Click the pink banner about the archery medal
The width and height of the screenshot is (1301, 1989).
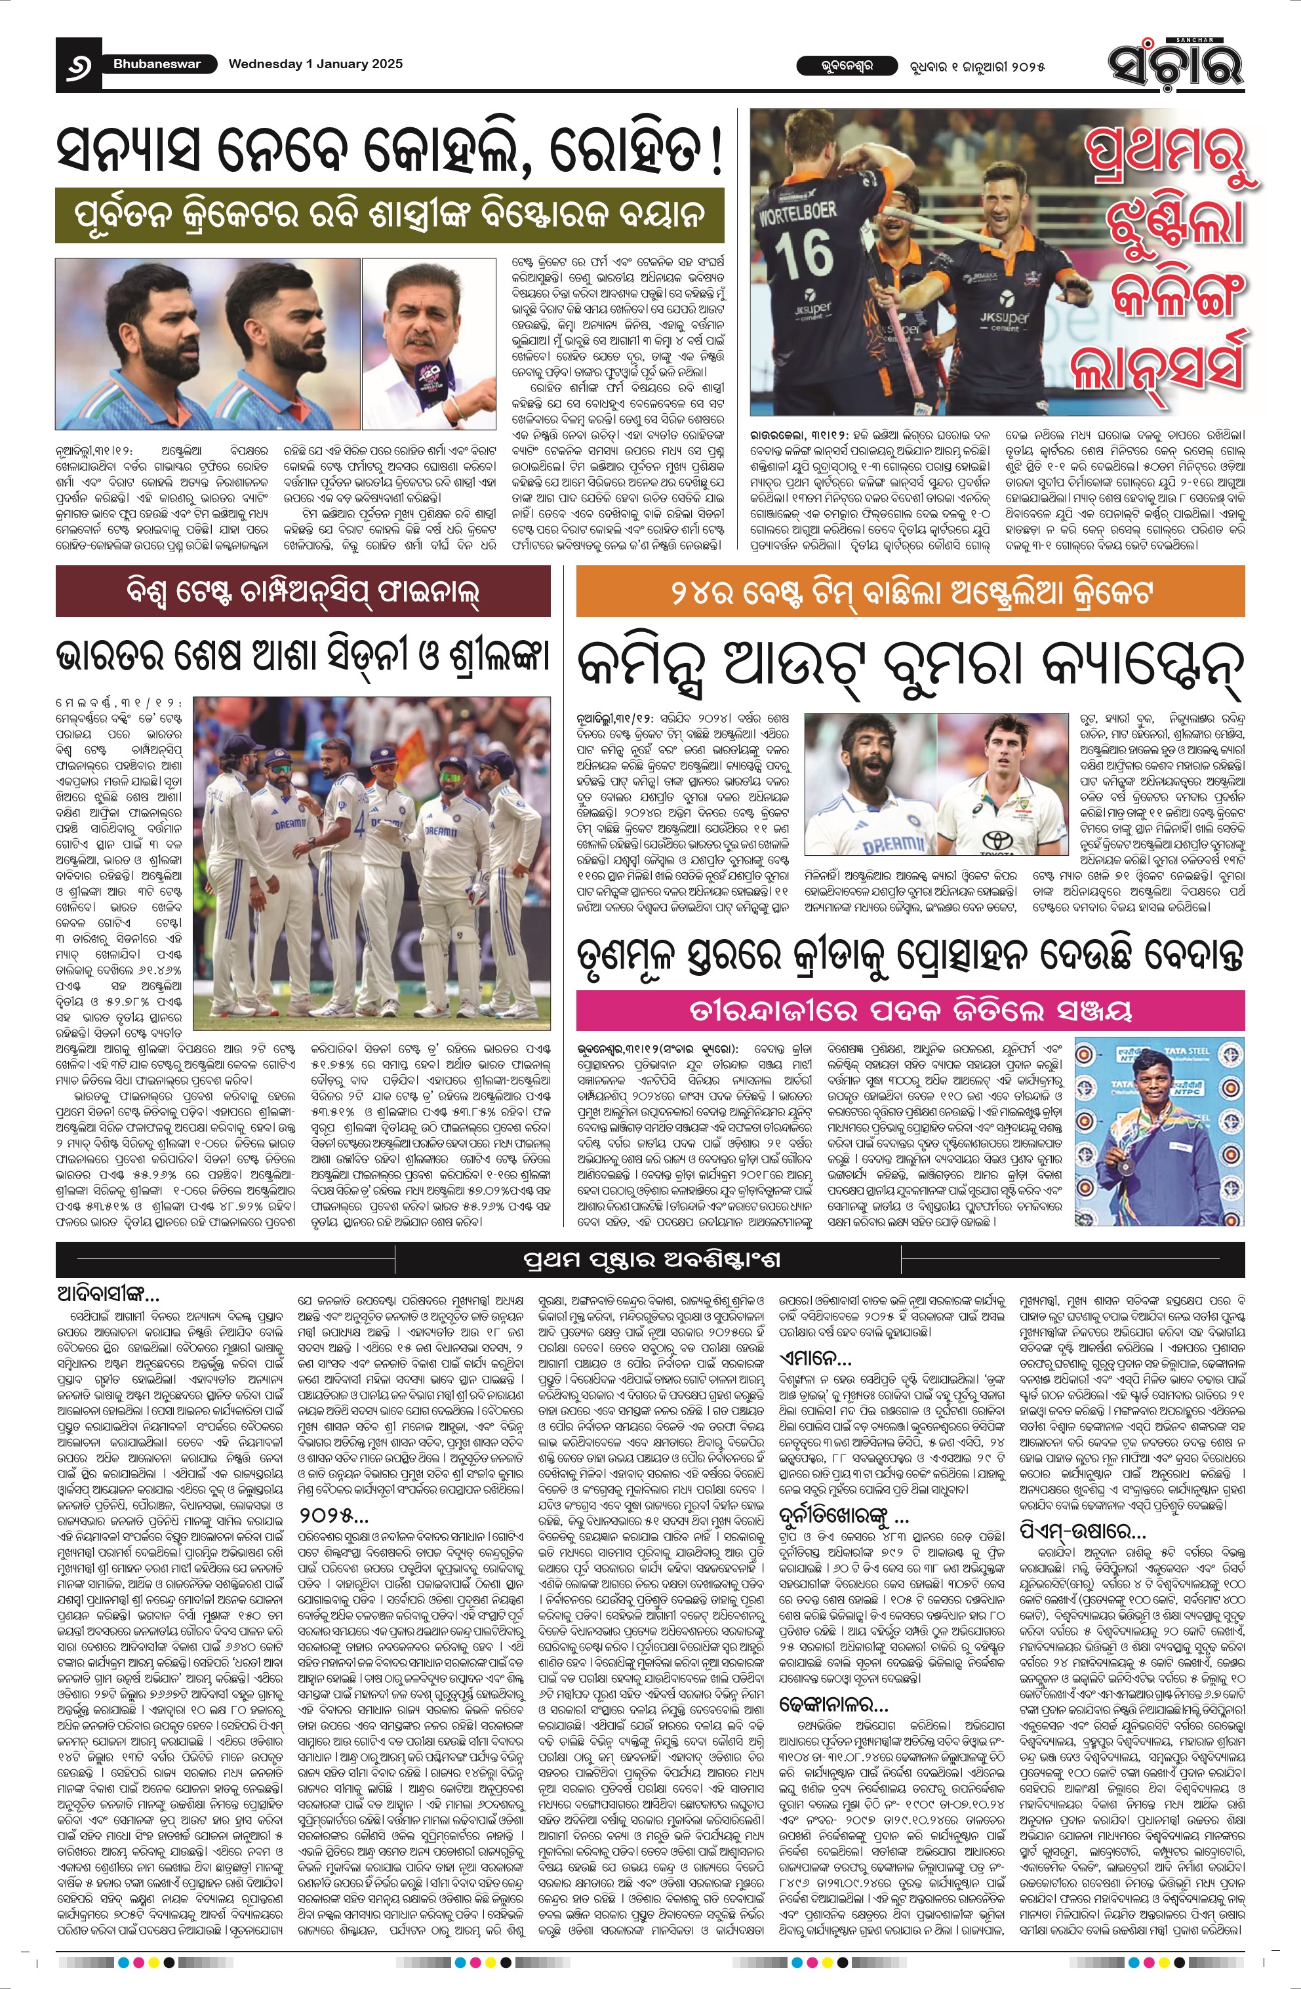point(910,1011)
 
